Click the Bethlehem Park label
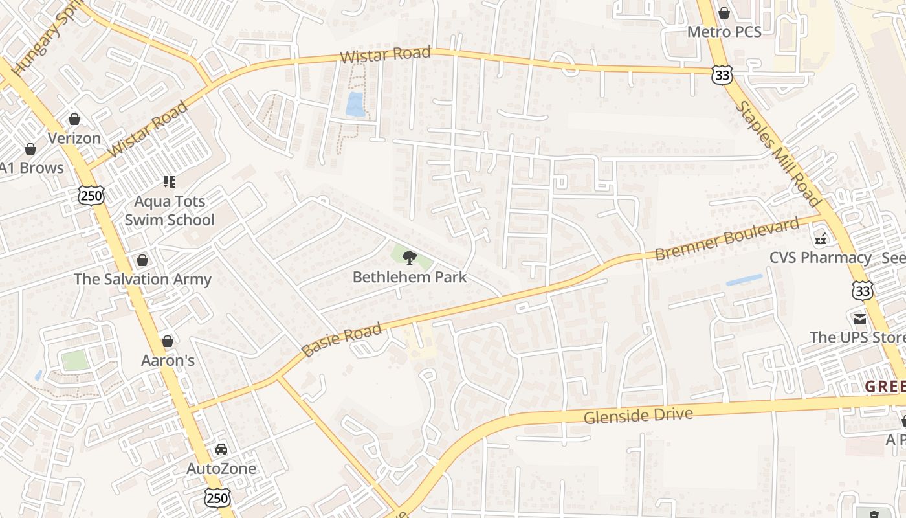tap(409, 277)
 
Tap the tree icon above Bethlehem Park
tap(409, 258)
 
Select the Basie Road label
tap(342, 341)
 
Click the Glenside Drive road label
tap(638, 415)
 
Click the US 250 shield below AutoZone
tap(217, 497)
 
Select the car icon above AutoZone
tap(221, 449)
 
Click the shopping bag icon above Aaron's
tap(168, 341)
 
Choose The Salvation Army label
tap(142, 279)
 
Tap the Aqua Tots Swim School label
tap(170, 210)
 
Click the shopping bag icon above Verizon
tap(74, 119)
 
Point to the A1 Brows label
tap(32, 168)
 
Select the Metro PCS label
tap(724, 31)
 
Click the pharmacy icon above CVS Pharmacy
tap(821, 239)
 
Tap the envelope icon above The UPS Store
tap(860, 319)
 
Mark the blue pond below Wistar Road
tap(355, 104)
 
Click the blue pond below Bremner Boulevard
tap(744, 280)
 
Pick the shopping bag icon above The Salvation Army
tap(142, 260)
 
